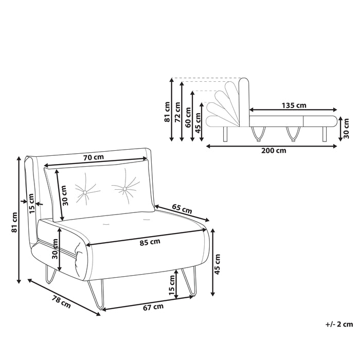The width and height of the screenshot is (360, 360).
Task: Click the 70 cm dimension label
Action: click(x=94, y=157)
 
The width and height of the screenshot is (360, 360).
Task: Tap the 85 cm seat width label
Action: click(x=150, y=242)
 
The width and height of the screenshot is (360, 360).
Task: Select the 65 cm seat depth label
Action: click(x=182, y=209)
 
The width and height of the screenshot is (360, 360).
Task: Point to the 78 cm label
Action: click(x=61, y=302)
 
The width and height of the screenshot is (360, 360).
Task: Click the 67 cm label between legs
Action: click(x=153, y=307)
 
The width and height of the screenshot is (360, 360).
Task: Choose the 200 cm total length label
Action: click(x=274, y=151)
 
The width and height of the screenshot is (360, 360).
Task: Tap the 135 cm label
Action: click(x=294, y=105)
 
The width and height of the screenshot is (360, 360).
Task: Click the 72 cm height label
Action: click(x=178, y=112)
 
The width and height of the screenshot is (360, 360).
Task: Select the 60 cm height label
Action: click(x=188, y=117)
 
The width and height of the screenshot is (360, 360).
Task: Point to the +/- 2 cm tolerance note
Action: click(x=339, y=324)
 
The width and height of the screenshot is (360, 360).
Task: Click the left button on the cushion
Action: click(x=85, y=192)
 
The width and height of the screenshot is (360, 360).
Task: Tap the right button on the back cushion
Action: click(x=124, y=189)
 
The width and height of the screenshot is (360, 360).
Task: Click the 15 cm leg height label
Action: click(x=172, y=285)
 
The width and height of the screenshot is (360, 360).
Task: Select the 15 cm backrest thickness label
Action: click(x=31, y=203)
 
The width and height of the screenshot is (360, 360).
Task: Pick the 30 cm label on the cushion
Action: click(x=65, y=195)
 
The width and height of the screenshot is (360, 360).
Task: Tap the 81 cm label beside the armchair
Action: click(x=14, y=222)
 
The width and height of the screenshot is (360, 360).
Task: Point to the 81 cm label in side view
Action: click(x=167, y=112)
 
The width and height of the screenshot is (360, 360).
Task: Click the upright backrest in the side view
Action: click(x=244, y=102)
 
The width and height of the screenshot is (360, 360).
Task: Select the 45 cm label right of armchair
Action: click(x=217, y=264)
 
